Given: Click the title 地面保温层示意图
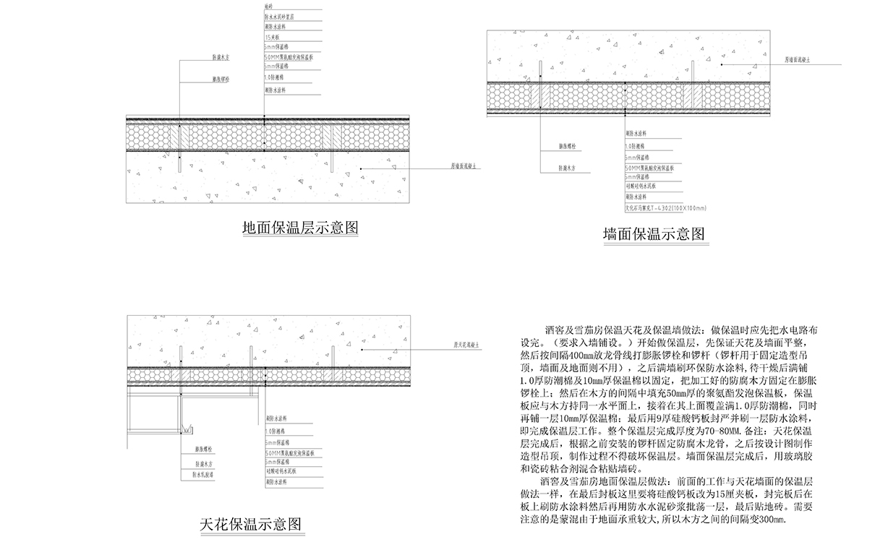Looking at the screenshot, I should [x=300, y=229].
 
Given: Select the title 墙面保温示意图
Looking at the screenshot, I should [x=654, y=233].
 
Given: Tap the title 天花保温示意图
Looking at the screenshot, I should [x=250, y=525].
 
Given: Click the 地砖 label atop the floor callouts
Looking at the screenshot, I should [x=269, y=6].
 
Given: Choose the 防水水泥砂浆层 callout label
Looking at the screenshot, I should [x=279, y=15].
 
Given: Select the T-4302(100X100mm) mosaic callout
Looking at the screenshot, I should [x=654, y=207].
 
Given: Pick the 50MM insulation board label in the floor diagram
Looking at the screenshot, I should [x=288, y=56].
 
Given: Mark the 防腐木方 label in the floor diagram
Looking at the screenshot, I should [x=221, y=56].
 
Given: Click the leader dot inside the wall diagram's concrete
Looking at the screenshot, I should [x=722, y=63].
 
